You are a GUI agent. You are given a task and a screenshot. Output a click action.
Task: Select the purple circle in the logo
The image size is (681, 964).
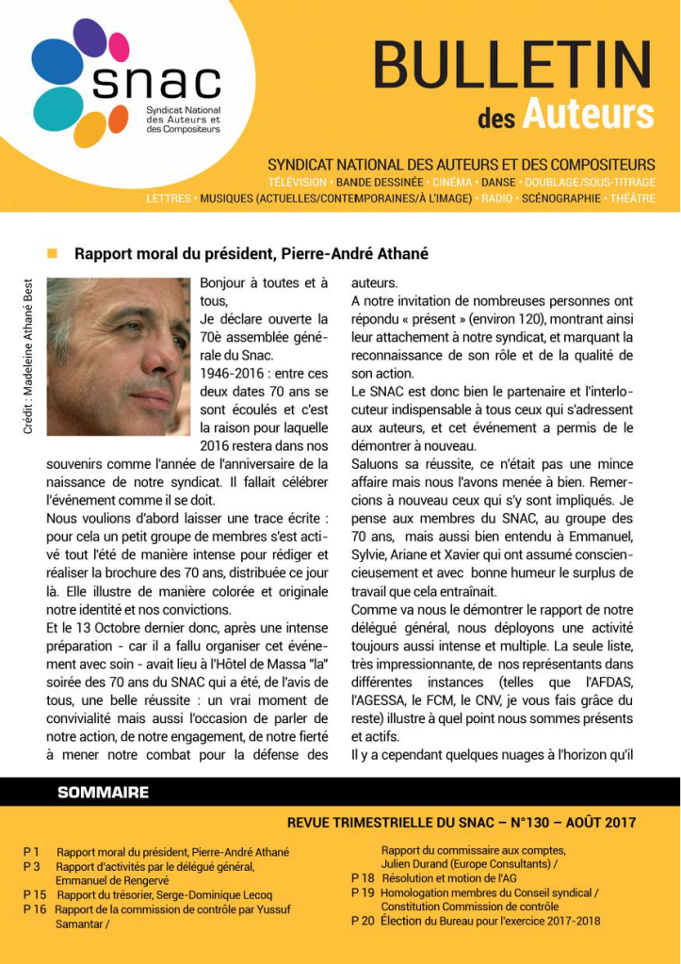(89, 38)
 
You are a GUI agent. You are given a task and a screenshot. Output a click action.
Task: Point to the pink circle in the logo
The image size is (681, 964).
(119, 46)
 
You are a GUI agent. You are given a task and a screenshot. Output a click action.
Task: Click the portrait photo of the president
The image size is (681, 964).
(119, 356)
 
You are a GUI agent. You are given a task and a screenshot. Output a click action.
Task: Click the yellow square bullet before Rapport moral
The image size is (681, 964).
(52, 253)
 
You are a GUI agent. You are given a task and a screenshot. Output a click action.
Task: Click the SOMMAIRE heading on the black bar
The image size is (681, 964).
(104, 792)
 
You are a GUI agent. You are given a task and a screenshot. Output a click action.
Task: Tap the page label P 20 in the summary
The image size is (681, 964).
(363, 921)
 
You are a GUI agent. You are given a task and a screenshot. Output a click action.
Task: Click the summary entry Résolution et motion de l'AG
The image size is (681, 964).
(447, 877)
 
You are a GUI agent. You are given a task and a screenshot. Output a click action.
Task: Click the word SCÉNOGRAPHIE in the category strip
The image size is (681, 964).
(560, 199)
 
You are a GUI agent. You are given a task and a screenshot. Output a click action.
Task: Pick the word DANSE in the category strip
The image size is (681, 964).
(499, 181)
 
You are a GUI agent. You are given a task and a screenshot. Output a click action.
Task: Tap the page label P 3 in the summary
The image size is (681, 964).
(32, 866)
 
